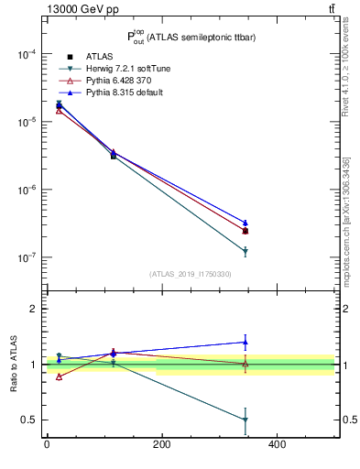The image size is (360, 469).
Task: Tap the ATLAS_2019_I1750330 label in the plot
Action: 191,274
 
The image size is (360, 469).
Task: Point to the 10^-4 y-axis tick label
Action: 25,54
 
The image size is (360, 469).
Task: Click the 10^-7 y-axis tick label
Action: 25,258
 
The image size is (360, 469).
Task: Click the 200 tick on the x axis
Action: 161,444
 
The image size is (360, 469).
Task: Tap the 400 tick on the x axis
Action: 277,444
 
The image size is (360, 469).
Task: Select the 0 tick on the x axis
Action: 47,444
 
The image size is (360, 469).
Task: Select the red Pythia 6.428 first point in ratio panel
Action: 59,376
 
